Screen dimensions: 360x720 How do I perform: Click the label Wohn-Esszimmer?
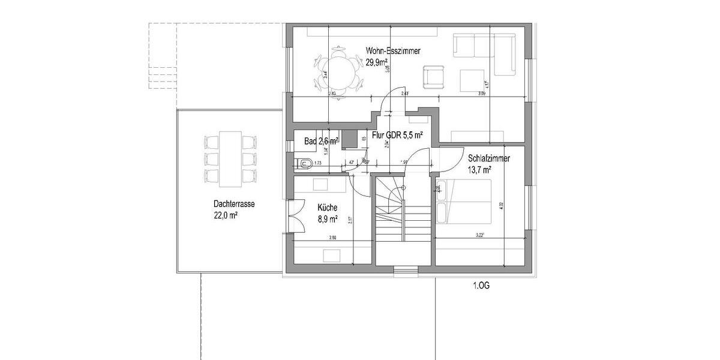coord(393,52)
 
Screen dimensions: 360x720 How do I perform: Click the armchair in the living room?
coord(433,77)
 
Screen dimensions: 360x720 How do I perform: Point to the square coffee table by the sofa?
coord(473,80)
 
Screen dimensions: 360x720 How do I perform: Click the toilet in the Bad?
coord(304,162)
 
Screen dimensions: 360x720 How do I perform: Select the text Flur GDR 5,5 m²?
coord(398,136)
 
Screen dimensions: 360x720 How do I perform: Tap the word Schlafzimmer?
coord(489,159)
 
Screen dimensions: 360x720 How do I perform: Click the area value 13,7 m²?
coord(480,170)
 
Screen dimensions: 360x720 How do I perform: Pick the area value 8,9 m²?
coord(328,218)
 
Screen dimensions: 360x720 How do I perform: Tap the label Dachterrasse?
coord(234,204)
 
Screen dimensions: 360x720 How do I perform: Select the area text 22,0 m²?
coord(225,215)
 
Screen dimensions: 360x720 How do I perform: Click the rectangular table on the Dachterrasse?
coord(230,159)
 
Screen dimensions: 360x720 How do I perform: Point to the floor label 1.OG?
coord(481,286)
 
